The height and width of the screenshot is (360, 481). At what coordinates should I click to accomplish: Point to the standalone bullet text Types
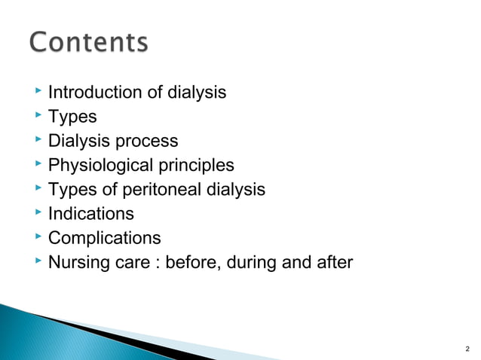point(72,117)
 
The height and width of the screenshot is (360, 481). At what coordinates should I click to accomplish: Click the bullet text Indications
point(91,214)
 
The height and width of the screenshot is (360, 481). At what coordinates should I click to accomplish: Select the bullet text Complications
point(105,239)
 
